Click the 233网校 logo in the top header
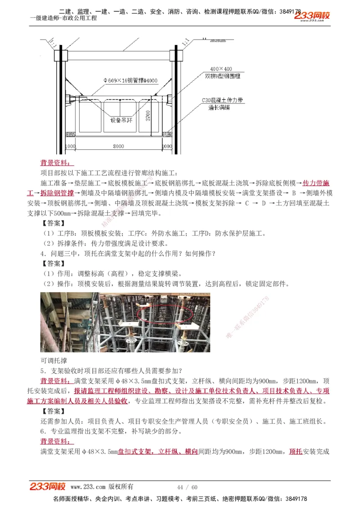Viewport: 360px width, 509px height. pyautogui.click(x=312, y=16)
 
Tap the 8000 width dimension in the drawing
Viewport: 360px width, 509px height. pyautogui.click(x=118, y=147)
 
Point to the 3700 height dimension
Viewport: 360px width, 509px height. pyautogui.click(x=147, y=117)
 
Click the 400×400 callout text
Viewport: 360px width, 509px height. pyautogui.click(x=221, y=69)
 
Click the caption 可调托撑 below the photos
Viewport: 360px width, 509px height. pyautogui.click(x=54, y=360)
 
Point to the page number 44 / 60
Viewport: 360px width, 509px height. pyautogui.click(x=188, y=487)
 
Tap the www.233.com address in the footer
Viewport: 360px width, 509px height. pyautogui.click(x=88, y=487)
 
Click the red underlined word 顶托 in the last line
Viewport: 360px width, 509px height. pyautogui.click(x=296, y=451)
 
